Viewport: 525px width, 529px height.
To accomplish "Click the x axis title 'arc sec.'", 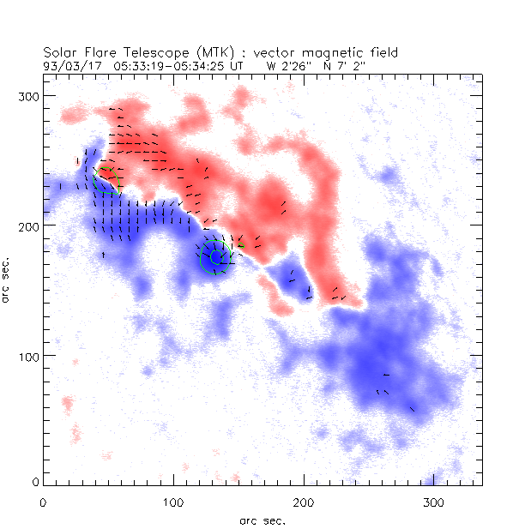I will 262,520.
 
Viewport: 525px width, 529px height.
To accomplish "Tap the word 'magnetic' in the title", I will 321,52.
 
